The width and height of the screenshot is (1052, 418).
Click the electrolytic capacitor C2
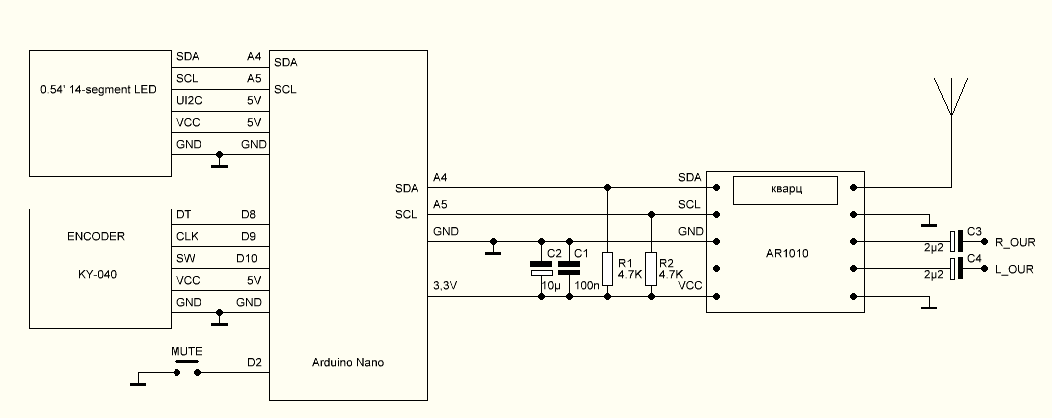point(540,266)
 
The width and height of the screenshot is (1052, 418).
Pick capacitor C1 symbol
point(569,264)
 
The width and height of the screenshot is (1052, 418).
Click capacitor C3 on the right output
point(957,241)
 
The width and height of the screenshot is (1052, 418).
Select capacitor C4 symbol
point(957,269)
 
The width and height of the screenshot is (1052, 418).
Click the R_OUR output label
point(1015,242)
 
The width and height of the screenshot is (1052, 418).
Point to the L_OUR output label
point(1015,270)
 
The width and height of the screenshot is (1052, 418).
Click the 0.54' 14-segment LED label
point(97,90)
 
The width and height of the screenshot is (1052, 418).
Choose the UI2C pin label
point(189,100)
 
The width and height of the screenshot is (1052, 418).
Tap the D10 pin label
point(250,258)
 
